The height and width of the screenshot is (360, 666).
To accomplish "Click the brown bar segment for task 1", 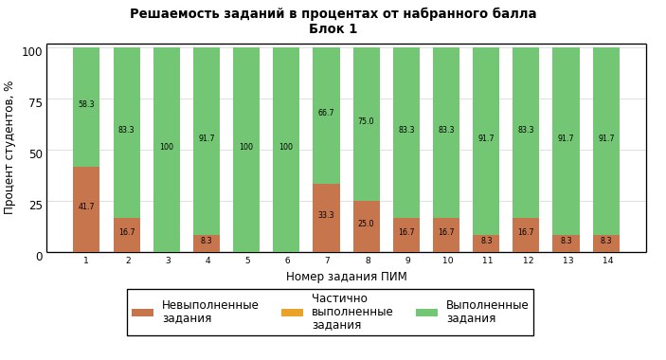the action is pos(86,209).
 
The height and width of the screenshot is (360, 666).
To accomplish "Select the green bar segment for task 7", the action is pos(326,116).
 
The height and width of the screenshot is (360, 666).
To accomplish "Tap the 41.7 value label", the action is pos(86,207).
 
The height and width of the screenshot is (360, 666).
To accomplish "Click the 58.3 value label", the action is pos(86,104).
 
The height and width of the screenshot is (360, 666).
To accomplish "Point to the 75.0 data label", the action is pos(366,121).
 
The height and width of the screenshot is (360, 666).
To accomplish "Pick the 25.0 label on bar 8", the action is pos(366,224).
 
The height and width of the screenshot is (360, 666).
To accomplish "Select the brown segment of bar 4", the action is pos(207,243).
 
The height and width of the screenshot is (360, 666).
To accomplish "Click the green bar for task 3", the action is pos(167,150).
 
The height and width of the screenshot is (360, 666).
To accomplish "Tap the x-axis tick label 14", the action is pos(608,261).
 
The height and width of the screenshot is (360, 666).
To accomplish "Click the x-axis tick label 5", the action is pos(247,261).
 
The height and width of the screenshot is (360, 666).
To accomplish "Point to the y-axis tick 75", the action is pos(36,102).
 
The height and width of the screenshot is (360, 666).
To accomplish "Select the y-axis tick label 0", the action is pos(40,257).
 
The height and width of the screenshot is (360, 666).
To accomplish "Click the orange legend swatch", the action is pos(292,313).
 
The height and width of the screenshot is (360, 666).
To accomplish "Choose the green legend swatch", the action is pos(426,313).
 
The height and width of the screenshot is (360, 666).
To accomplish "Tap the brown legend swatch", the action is pos(143,313).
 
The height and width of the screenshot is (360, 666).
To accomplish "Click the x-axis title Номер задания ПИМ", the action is pos(347,277).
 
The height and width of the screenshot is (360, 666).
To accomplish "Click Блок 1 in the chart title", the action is pos(333,28).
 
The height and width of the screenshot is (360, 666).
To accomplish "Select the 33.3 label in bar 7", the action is pos(326,215).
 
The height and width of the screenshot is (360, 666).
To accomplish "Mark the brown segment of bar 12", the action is pos(526,235).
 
